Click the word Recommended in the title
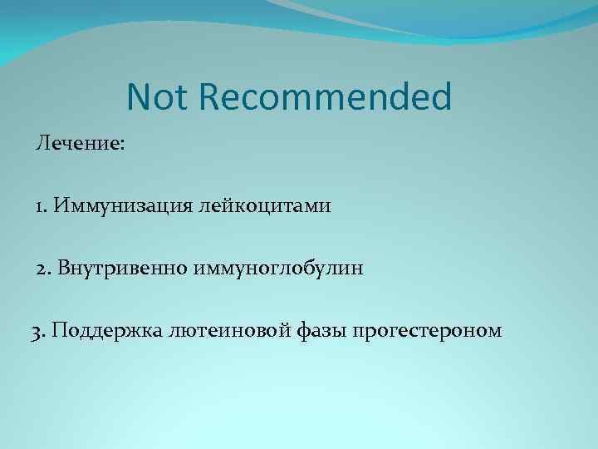(326, 97)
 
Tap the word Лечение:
(81, 143)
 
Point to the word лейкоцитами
(264, 205)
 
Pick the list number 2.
(42, 268)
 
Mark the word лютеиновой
(236, 331)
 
